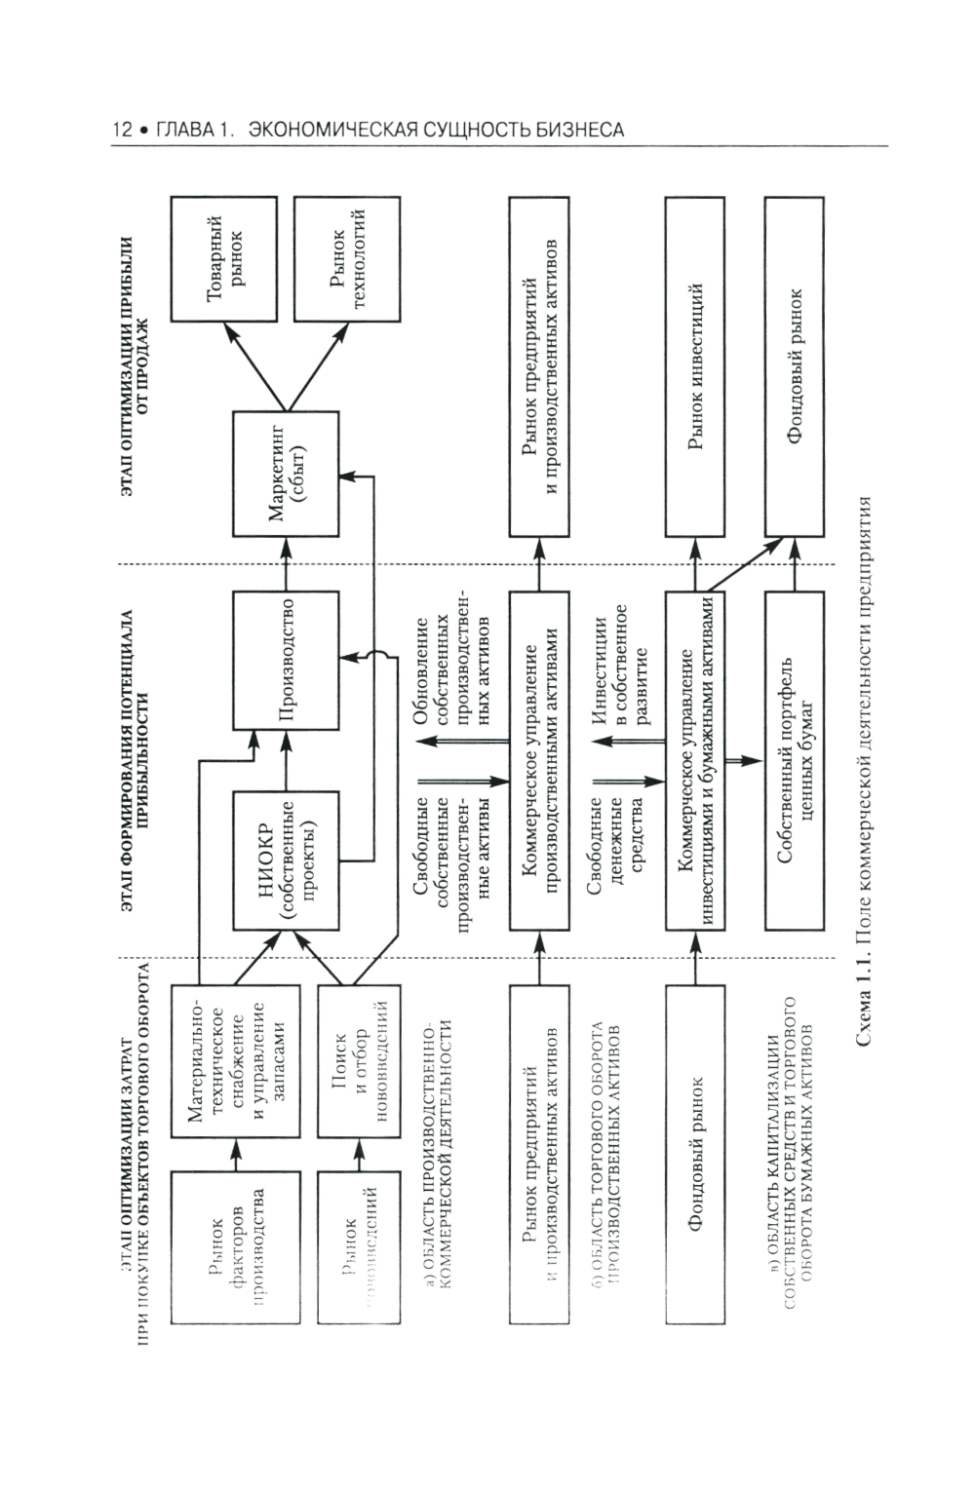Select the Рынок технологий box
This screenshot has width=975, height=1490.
(348, 258)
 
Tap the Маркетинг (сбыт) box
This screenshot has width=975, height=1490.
(287, 474)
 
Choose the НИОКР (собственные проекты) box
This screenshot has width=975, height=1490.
(287, 860)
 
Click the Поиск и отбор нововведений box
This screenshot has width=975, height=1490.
(354, 1061)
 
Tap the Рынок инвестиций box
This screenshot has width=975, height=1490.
(695, 365)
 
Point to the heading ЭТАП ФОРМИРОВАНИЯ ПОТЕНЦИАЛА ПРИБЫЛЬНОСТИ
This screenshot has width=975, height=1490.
(134, 761)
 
